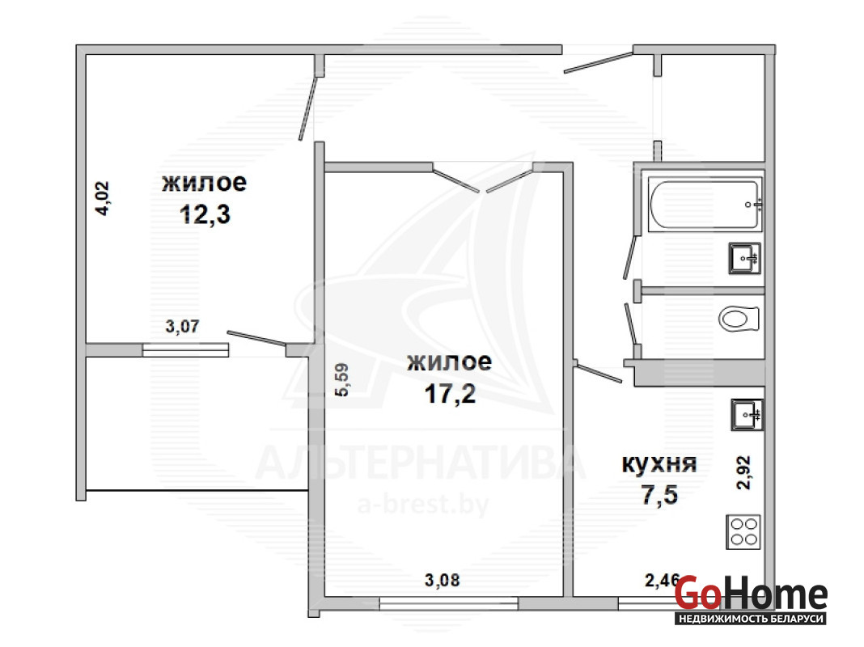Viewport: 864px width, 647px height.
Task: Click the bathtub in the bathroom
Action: (x=705, y=204)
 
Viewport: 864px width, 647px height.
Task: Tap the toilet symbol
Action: (x=739, y=319)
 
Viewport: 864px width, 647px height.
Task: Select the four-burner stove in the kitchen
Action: (x=743, y=532)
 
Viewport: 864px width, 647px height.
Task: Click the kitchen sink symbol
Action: (x=747, y=414)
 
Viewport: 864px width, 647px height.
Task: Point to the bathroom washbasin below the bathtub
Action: (x=744, y=258)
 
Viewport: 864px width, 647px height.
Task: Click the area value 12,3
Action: (x=205, y=214)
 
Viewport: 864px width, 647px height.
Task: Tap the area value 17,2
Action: (x=450, y=393)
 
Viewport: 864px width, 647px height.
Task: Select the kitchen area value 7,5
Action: (x=659, y=494)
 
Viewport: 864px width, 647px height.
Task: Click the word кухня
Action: (x=659, y=463)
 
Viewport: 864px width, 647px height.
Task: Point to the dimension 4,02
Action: (x=103, y=198)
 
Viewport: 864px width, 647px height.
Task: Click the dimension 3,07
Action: (x=182, y=326)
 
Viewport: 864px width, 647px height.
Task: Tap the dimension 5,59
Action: (x=341, y=379)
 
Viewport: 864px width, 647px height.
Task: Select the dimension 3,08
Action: (x=442, y=580)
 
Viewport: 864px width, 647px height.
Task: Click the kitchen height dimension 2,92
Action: (x=744, y=472)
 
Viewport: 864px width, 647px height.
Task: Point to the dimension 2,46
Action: (x=662, y=580)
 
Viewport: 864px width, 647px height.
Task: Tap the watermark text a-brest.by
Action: (x=422, y=504)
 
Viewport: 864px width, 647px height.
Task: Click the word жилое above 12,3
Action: (x=204, y=183)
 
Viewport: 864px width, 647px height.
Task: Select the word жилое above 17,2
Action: (x=449, y=362)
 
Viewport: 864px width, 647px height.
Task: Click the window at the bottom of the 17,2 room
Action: (x=448, y=604)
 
